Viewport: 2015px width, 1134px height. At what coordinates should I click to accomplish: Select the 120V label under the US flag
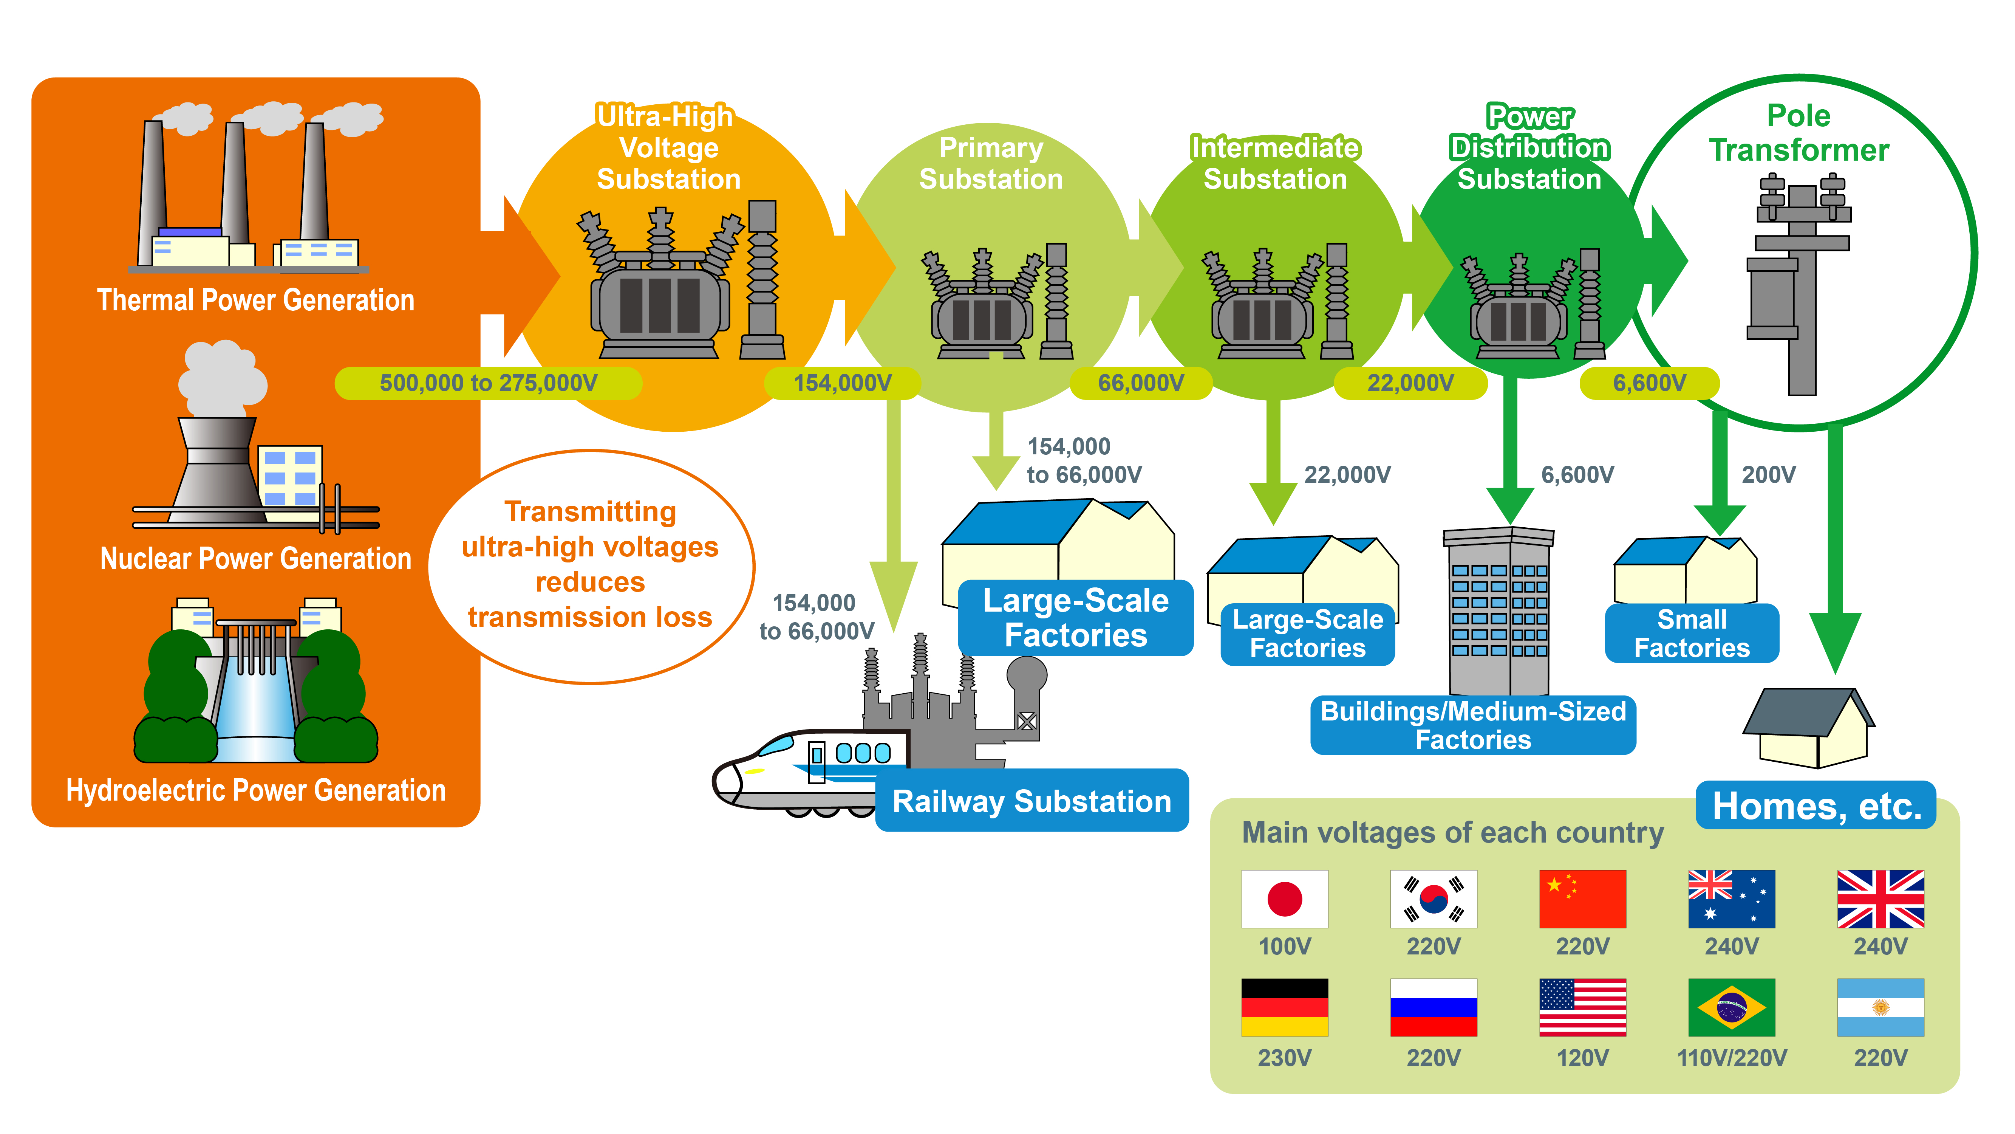(1582, 1058)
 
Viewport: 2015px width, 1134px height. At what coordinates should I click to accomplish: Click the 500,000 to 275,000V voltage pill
(488, 383)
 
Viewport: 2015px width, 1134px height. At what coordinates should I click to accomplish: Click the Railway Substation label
(1032, 801)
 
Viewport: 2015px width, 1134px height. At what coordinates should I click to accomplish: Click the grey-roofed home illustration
(1808, 728)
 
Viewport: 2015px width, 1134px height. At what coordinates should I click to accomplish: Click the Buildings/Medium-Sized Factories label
(1473, 725)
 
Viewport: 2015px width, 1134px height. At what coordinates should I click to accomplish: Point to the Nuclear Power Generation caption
(256, 559)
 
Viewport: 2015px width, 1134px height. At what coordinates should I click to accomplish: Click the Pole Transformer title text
(1799, 133)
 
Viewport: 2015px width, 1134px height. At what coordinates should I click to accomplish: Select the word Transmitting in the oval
(591, 512)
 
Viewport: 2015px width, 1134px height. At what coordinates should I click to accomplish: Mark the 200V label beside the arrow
(1769, 474)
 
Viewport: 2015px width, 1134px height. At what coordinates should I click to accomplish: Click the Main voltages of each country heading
(1452, 833)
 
